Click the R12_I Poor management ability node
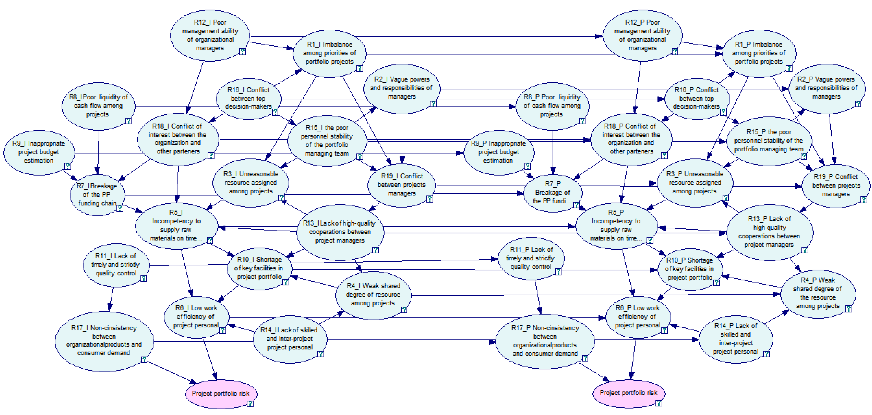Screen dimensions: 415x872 click(x=210, y=35)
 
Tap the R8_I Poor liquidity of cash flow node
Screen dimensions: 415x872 click(x=98, y=106)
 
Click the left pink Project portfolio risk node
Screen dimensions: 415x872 click(x=221, y=393)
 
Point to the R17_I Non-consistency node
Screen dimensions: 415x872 click(x=104, y=341)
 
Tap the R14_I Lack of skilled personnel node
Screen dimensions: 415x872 click(x=290, y=339)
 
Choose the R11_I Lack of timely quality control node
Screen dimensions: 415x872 click(x=116, y=265)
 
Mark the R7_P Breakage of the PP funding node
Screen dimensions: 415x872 click(x=552, y=192)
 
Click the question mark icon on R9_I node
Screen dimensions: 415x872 click(x=68, y=166)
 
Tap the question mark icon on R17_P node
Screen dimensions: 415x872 click(x=585, y=358)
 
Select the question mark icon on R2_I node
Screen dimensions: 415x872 click(x=433, y=104)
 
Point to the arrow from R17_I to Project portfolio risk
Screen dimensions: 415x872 click(x=171, y=372)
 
